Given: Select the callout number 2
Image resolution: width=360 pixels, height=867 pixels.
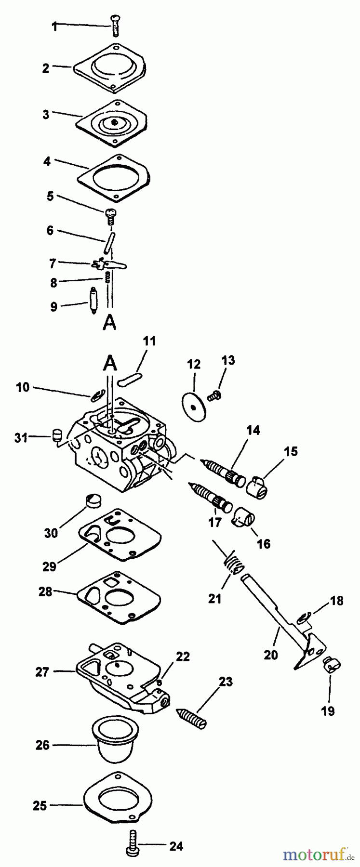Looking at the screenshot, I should [46, 68].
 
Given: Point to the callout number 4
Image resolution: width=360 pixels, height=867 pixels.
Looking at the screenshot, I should [47, 162].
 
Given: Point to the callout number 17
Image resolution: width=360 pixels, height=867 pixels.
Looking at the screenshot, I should [214, 521].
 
